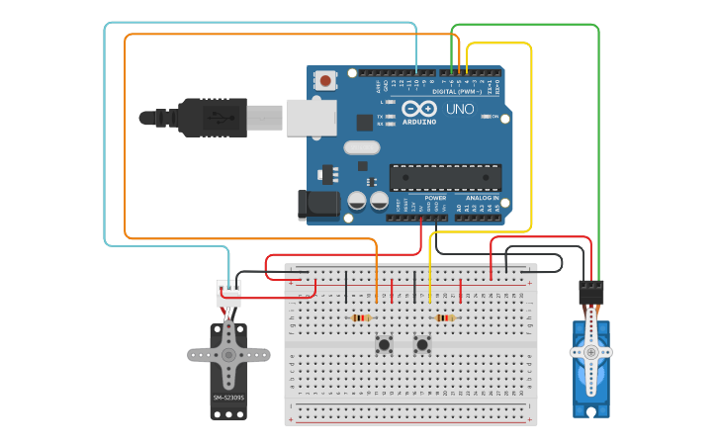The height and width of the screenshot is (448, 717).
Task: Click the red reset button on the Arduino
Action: coord(326,79)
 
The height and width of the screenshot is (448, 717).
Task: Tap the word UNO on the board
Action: coord(460,109)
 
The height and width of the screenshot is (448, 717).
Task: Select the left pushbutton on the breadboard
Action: coord(384,345)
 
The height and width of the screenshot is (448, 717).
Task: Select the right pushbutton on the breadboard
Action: coord(423,345)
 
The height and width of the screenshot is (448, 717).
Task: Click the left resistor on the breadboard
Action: coord(361,317)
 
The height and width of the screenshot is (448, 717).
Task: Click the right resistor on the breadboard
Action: coord(445,317)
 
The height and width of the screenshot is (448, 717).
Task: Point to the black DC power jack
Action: coord(314,204)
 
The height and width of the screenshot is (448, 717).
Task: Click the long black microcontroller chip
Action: coord(445,177)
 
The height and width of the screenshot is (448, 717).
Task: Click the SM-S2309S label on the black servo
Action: coord(228,398)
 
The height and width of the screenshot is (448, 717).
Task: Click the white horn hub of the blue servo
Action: coord(591,351)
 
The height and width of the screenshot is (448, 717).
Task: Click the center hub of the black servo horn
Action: coord(228,354)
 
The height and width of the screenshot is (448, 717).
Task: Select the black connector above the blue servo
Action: coord(591,291)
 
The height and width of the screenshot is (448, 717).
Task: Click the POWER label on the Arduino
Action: coord(435,198)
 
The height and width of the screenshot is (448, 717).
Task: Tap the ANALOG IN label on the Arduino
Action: coord(483,198)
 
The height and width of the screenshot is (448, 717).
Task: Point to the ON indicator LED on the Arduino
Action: coord(487,116)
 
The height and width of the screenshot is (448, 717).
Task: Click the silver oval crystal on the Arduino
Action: coord(361,147)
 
